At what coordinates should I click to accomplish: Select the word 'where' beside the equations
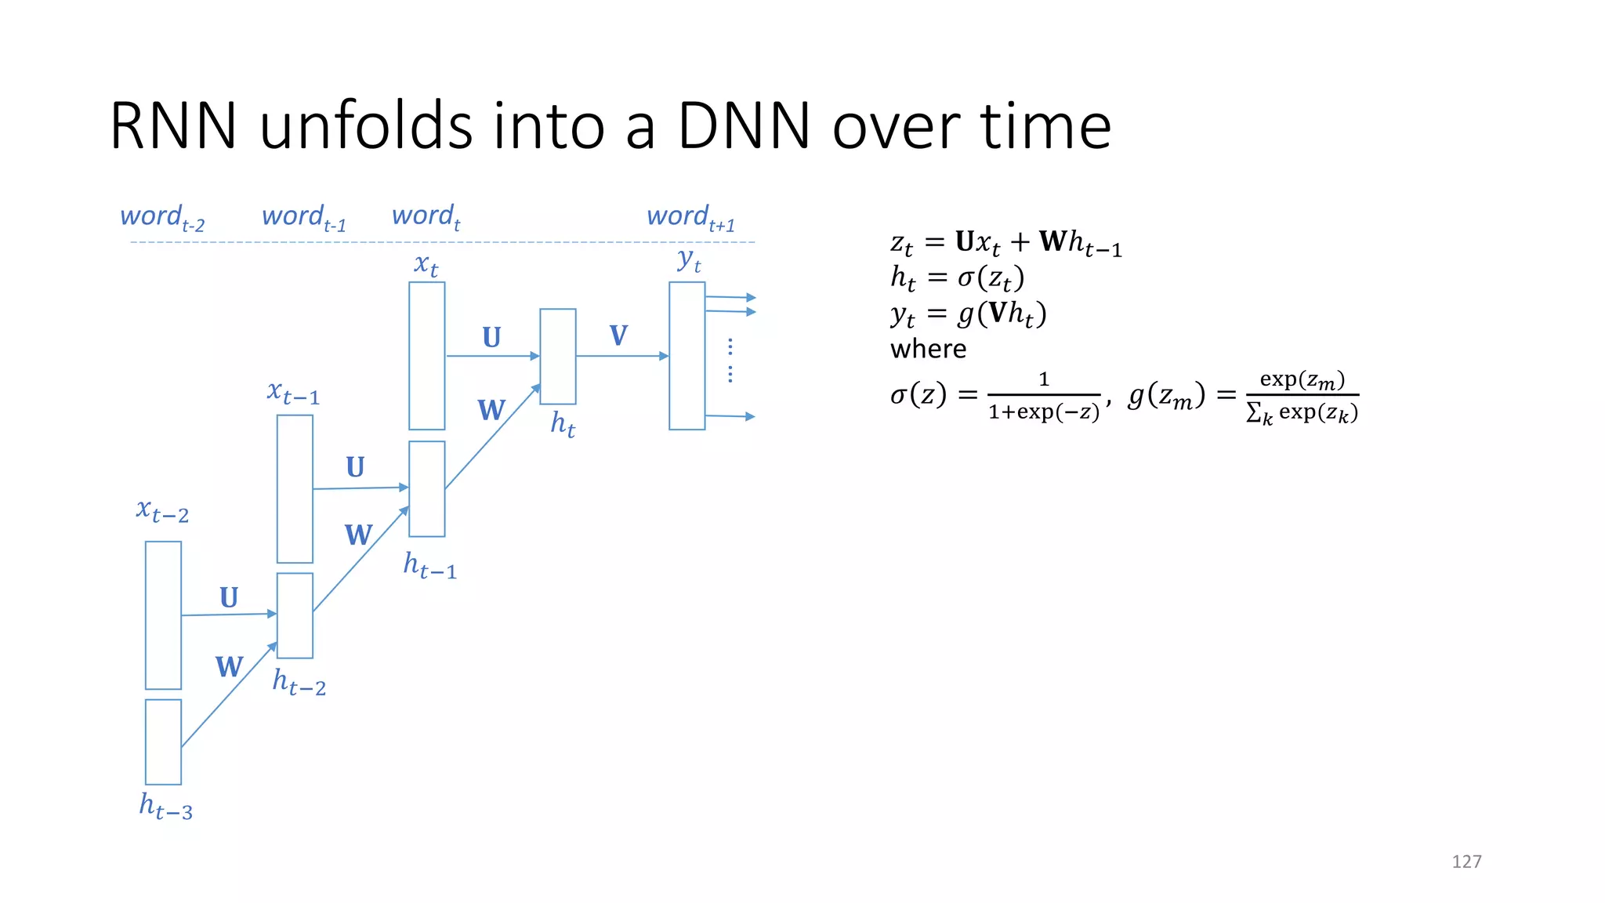pyautogui.click(x=928, y=349)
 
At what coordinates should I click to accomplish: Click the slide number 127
pyautogui.click(x=1466, y=861)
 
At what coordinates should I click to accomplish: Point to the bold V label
pyautogui.click(x=618, y=335)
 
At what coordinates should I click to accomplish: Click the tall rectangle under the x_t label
pyautogui.click(x=427, y=356)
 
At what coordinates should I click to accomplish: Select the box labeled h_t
pyautogui.click(x=558, y=357)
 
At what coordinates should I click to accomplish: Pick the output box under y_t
pyautogui.click(x=687, y=356)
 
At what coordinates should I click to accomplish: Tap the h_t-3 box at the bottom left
pyautogui.click(x=163, y=742)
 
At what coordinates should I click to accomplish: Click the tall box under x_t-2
pyautogui.click(x=163, y=615)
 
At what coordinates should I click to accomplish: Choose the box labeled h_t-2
pyautogui.click(x=295, y=615)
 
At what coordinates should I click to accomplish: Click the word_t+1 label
pyautogui.click(x=690, y=217)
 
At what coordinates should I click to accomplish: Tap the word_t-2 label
pyautogui.click(x=162, y=217)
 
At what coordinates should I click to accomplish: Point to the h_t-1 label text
pyautogui.click(x=429, y=565)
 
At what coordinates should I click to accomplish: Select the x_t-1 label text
pyautogui.click(x=293, y=392)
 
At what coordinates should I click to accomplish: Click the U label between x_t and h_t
pyautogui.click(x=491, y=337)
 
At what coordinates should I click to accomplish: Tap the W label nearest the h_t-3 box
pyautogui.click(x=229, y=667)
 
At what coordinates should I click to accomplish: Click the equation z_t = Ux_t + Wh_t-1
pyautogui.click(x=1006, y=243)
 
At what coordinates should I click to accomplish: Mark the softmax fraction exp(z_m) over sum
pyautogui.click(x=1302, y=397)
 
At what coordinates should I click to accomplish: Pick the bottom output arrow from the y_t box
pyautogui.click(x=730, y=416)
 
